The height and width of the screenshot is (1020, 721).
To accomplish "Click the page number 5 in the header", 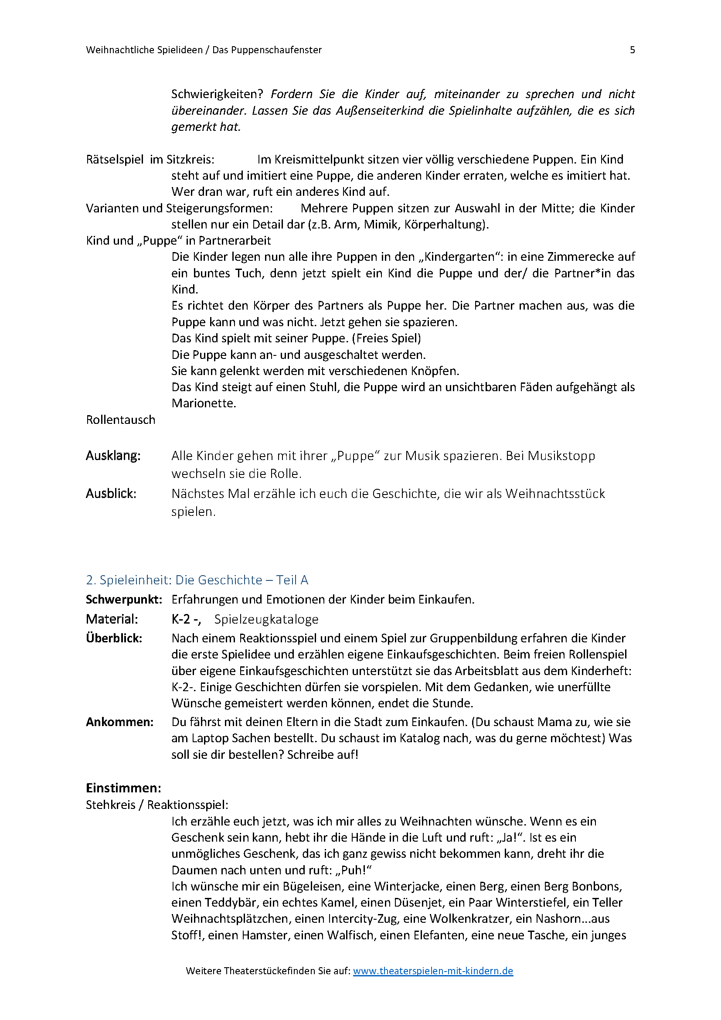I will tap(632, 50).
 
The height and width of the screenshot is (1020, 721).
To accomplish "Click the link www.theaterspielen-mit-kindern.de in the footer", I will tap(433, 971).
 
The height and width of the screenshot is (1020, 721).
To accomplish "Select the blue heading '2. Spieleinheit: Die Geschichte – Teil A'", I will tap(197, 580).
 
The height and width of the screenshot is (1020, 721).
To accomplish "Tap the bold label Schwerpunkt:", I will tap(124, 599).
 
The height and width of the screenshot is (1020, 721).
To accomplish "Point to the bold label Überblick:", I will tap(114, 638).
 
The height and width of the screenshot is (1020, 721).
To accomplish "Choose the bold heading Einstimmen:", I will tap(123, 788).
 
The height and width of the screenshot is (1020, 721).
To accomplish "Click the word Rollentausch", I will tap(121, 420).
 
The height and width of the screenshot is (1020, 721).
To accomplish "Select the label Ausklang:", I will tap(113, 455).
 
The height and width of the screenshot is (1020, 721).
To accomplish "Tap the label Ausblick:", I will tap(111, 493).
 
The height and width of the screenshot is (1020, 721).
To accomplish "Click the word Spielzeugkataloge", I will tap(266, 619).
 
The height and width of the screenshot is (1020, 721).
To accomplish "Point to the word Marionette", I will tap(203, 403).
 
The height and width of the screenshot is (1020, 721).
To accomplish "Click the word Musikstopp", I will tap(561, 455).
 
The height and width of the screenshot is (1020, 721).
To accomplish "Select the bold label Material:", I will tap(112, 619).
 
